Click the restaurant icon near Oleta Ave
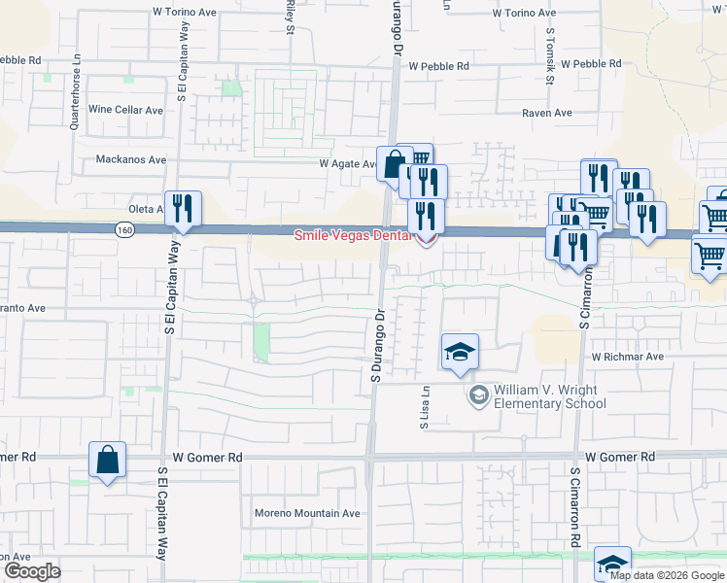(x=183, y=209)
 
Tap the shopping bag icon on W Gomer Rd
(x=107, y=461)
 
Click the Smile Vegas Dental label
(x=356, y=235)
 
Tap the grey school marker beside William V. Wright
(x=478, y=394)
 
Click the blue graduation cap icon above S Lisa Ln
(x=460, y=352)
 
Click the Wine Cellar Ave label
(x=126, y=110)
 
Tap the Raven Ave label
(x=547, y=113)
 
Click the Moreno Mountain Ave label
(x=307, y=513)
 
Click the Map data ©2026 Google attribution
(x=667, y=575)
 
